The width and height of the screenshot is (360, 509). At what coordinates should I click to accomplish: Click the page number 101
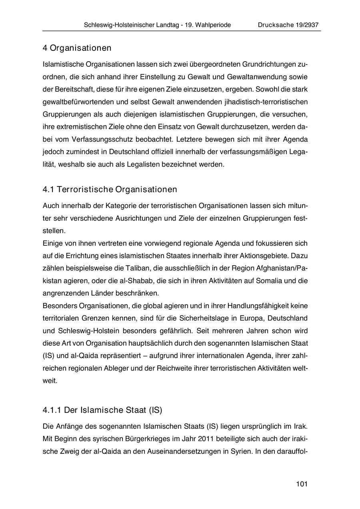coord(302,484)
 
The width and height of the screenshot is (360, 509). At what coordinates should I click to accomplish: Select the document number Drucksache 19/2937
coord(288,25)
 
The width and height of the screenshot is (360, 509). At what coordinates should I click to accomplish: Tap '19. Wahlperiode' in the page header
coord(208,25)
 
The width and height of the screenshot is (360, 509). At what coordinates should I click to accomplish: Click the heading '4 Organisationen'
coord(77,48)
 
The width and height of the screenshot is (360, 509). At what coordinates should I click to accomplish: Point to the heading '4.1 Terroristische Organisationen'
coord(110,189)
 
